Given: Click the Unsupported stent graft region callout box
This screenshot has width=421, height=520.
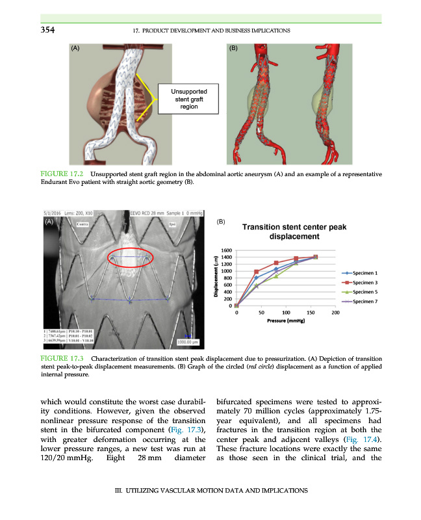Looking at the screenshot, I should [x=189, y=99].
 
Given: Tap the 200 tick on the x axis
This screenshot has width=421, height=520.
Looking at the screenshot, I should [x=335, y=313].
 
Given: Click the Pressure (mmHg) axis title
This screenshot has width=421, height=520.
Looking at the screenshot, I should [x=286, y=321].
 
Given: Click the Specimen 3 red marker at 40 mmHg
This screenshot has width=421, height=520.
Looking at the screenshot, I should [x=257, y=272].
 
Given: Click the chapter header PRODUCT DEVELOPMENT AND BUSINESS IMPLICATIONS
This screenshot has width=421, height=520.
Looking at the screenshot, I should [x=210, y=31].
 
